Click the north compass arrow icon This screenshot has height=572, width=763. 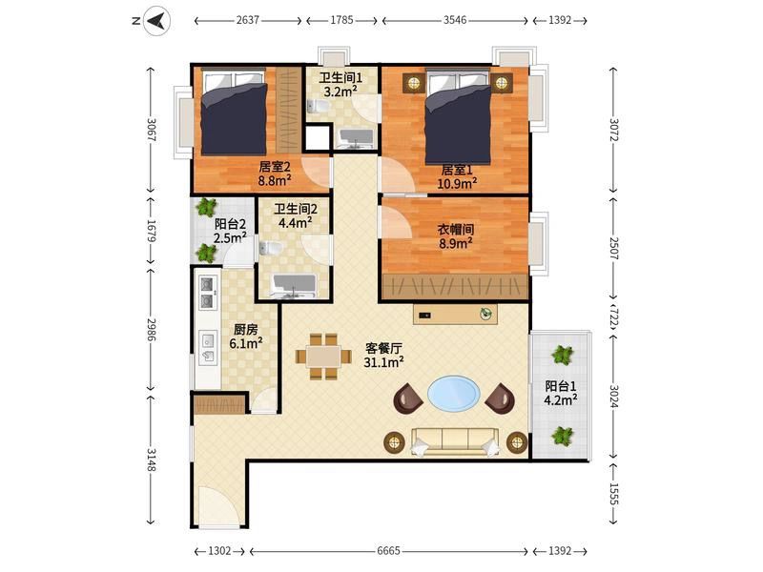(156, 21)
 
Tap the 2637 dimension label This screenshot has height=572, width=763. (248, 20)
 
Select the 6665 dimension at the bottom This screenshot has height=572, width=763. (388, 551)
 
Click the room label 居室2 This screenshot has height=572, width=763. (275, 167)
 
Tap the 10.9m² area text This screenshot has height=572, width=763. (457, 183)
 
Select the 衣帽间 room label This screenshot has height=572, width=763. (456, 229)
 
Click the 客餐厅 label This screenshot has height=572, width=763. (383, 348)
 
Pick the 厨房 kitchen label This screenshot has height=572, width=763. (245, 330)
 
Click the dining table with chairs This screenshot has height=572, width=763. (323, 357)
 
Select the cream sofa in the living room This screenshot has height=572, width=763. (455, 441)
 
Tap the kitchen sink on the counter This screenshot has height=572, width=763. (208, 347)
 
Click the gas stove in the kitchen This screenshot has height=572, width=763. (208, 294)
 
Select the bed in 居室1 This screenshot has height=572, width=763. (458, 117)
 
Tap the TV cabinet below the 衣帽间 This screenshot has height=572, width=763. (456, 314)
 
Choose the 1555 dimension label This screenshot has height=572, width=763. (613, 494)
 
